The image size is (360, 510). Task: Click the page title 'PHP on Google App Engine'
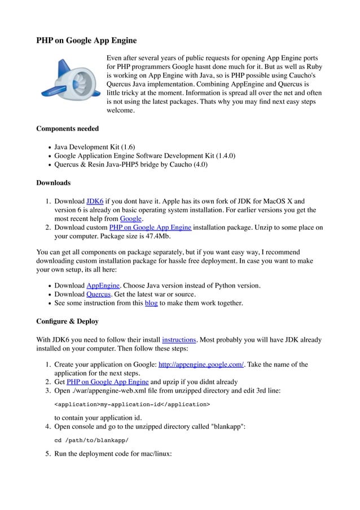click(86, 41)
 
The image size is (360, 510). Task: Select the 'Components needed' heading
click(67, 129)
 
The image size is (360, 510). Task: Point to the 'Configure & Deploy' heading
click(67, 321)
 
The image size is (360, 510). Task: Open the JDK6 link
click(94, 201)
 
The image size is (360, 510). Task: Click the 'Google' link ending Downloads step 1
click(131, 219)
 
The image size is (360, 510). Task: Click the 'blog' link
click(151, 303)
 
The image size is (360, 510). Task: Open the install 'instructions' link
click(179, 340)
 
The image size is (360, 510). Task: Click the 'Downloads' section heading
click(53, 183)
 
